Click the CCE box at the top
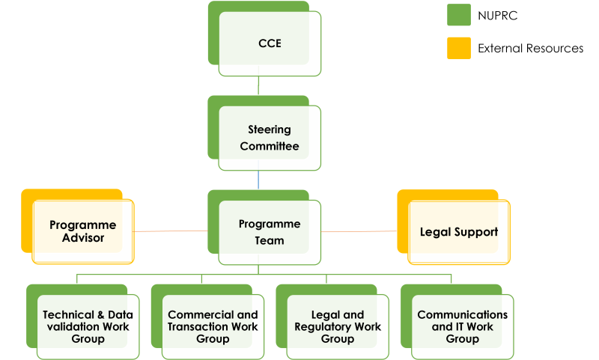[270, 43]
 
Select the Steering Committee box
[270, 138]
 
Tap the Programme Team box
[270, 232]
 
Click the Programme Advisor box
[82, 232]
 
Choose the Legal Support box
[458, 232]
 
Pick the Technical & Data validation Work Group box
[88, 327]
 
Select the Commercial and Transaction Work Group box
[213, 327]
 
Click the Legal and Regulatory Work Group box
[338, 327]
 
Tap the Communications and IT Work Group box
[462, 327]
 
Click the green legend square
[459, 15]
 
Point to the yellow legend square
[459, 48]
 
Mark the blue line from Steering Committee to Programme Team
[259, 180]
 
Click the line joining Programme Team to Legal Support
[359, 231]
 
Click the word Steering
[270, 129]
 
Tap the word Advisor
[83, 239]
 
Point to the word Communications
[462, 315]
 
